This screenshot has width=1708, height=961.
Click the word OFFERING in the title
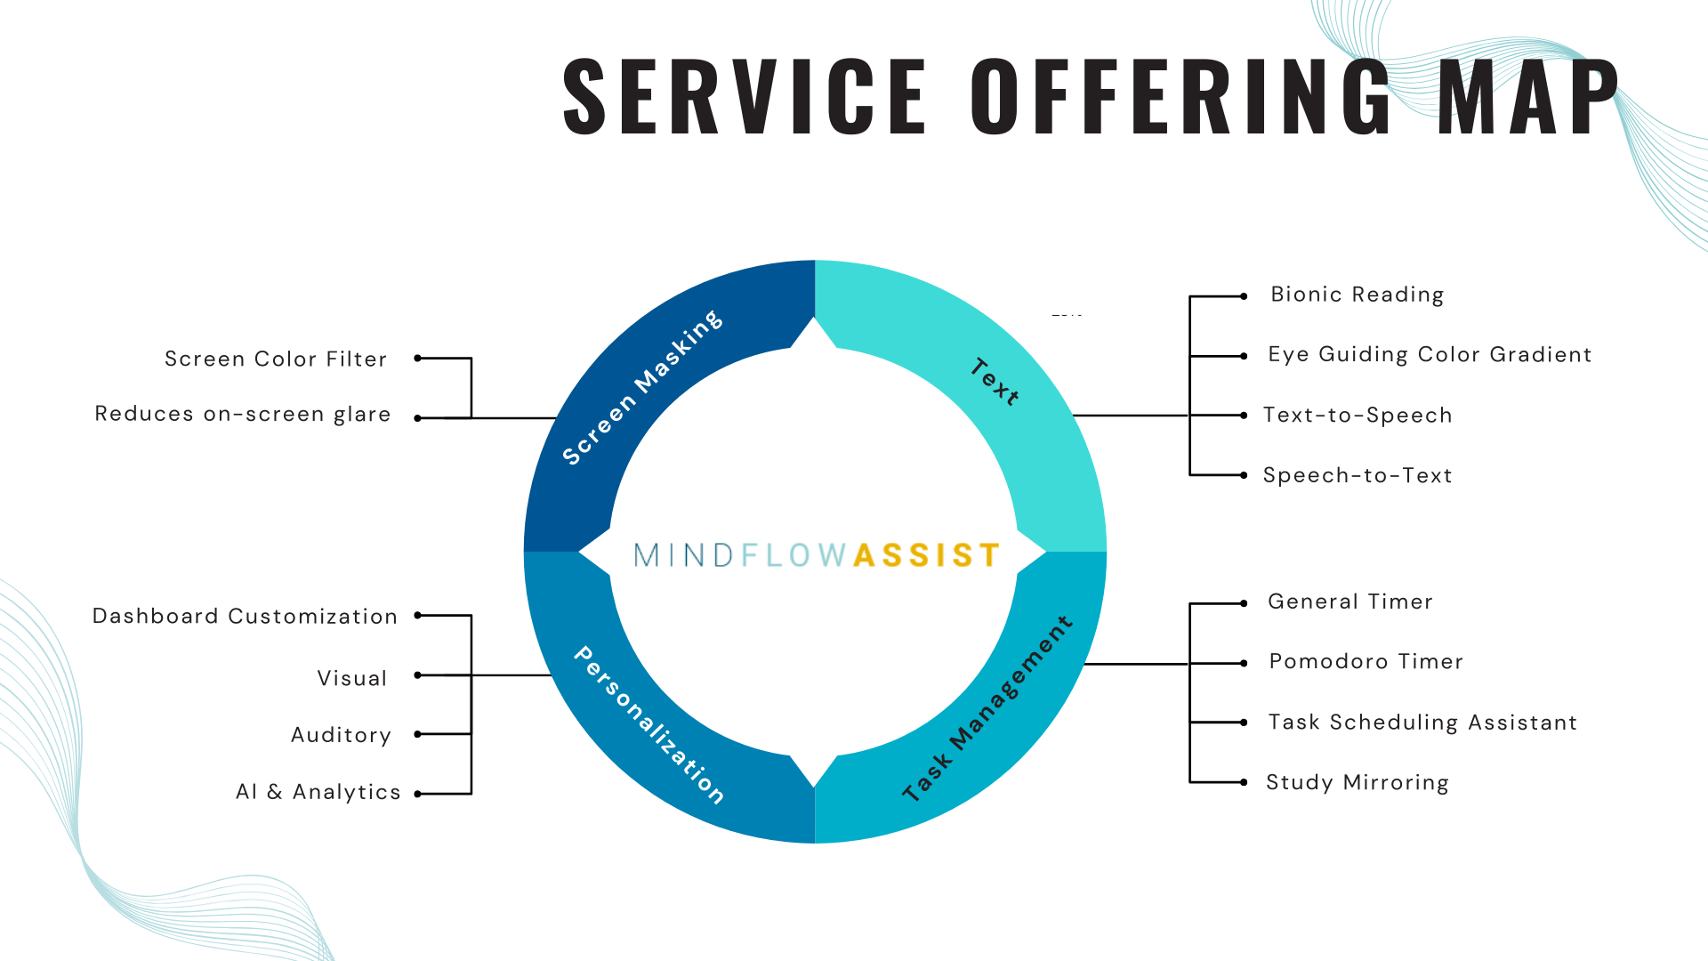pos(1181,95)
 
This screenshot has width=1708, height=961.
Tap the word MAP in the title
pos(1528,95)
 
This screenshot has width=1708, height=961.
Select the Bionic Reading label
pos(1357,295)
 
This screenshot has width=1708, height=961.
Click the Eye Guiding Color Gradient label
pos(1430,354)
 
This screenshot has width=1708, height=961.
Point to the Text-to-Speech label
pos(1358,416)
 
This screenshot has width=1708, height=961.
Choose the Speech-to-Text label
pos(1358,475)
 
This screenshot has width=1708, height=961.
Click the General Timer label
pos(1350,602)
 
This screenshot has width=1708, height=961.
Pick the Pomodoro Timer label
pos(1366,661)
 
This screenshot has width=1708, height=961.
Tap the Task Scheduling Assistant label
pos(1422,722)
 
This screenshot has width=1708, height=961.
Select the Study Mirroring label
pos(1358,782)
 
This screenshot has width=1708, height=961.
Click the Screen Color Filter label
pos(276,359)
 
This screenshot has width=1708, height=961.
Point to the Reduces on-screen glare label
pos(243,414)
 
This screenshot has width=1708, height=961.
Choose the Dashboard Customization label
pos(245,616)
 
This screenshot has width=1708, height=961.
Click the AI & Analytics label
pos(318,792)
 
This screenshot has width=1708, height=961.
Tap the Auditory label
pos(341,735)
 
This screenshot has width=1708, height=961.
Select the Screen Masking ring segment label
pos(642,388)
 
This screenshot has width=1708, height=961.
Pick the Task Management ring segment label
pos(987,709)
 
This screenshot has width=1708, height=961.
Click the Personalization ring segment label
pos(649,725)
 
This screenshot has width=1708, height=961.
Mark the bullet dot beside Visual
pos(418,675)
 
